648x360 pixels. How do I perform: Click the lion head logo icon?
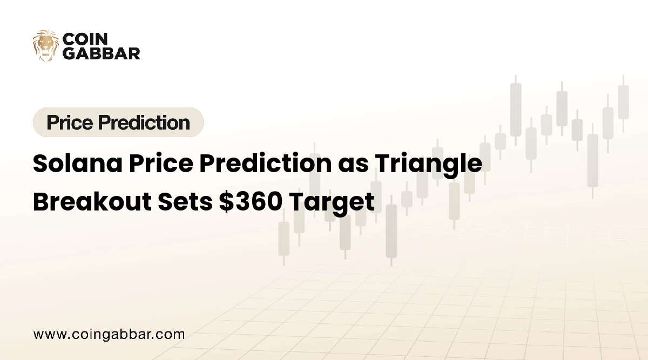point(46,46)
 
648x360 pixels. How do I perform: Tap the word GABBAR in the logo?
point(102,53)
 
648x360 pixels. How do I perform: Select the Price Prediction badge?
point(118,123)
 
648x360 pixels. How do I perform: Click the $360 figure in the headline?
point(249,202)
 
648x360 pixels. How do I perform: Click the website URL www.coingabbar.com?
point(109,334)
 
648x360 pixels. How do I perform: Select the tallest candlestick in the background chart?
point(516,110)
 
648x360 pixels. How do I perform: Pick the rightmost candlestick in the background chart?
point(623,102)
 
